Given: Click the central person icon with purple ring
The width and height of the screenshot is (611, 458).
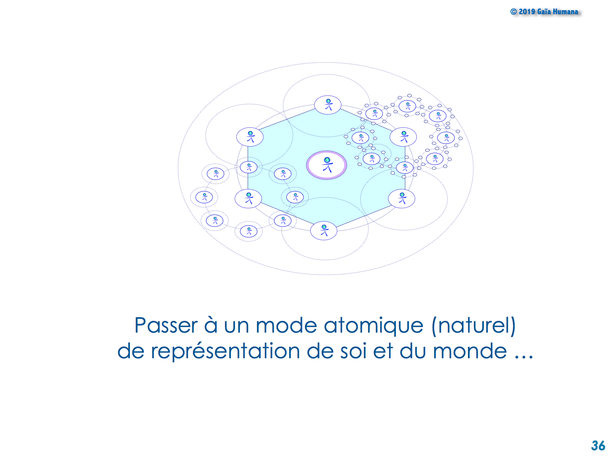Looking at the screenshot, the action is pyautogui.click(x=326, y=165).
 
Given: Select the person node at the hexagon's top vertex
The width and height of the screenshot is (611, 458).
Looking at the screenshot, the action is pyautogui.click(x=327, y=105).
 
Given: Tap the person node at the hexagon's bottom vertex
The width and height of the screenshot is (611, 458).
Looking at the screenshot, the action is pyautogui.click(x=323, y=230).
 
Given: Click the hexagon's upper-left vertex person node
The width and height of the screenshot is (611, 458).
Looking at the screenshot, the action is pyautogui.click(x=250, y=137).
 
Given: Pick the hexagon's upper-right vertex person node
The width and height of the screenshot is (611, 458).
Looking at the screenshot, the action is pyautogui.click(x=403, y=137).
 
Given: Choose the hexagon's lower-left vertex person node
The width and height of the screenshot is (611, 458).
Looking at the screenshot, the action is pyautogui.click(x=248, y=199).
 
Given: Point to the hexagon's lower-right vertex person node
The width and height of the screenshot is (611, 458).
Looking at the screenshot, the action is pyautogui.click(x=401, y=199).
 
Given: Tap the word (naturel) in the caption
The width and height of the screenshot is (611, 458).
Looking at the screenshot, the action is pyautogui.click(x=473, y=326).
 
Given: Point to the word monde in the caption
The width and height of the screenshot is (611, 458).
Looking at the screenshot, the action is pyautogui.click(x=470, y=351).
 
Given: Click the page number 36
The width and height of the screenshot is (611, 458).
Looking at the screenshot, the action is pyautogui.click(x=598, y=446).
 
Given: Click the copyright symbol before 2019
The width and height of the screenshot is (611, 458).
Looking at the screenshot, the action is pyautogui.click(x=513, y=12).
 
